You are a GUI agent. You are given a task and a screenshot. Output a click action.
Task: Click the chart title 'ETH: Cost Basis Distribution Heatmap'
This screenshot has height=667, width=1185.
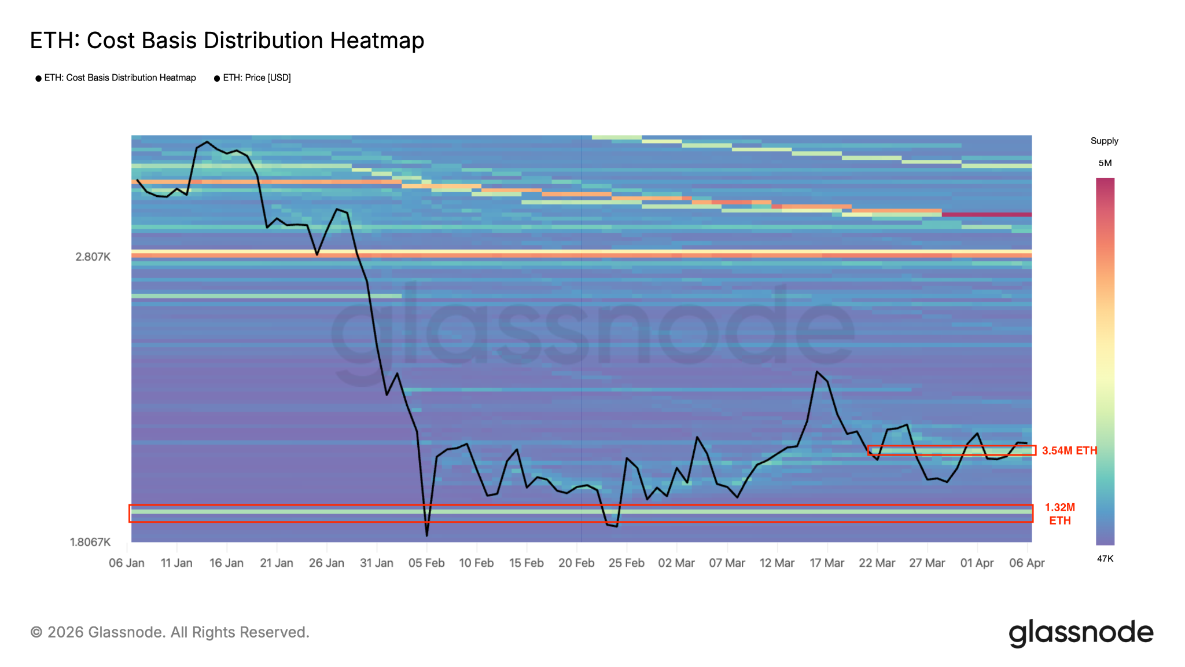click(x=227, y=41)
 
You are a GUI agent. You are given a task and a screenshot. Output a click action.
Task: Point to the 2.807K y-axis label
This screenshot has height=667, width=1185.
click(x=93, y=256)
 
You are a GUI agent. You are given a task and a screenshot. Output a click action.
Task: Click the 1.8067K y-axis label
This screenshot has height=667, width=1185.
click(x=90, y=542)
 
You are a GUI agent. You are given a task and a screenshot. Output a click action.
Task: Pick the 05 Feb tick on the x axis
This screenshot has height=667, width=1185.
click(x=426, y=563)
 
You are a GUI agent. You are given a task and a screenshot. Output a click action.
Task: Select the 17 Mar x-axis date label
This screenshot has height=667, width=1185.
click(x=827, y=563)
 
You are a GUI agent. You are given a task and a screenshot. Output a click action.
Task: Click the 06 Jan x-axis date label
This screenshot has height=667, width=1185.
click(x=127, y=563)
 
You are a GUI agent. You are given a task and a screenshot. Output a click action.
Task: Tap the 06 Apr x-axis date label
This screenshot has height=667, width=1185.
click(x=1027, y=563)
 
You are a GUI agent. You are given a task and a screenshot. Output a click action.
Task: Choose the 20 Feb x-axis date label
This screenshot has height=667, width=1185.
click(x=576, y=563)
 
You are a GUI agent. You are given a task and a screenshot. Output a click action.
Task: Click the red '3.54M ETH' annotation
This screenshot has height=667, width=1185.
click(x=1069, y=450)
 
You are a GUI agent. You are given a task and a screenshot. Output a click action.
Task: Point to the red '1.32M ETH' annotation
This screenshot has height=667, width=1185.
click(x=1060, y=514)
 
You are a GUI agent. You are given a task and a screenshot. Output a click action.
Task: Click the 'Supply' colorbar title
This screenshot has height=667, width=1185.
click(x=1104, y=141)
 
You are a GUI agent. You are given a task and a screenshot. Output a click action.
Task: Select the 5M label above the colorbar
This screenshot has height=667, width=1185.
click(x=1105, y=163)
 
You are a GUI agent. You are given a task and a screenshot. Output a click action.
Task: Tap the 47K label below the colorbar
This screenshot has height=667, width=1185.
click(x=1105, y=559)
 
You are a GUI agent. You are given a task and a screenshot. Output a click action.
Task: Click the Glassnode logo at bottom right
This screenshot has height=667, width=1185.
click(x=1081, y=633)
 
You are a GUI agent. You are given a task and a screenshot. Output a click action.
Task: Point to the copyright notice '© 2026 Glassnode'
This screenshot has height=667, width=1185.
click(x=170, y=632)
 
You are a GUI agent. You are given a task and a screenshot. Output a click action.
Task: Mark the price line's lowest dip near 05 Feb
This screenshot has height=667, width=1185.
click(x=427, y=535)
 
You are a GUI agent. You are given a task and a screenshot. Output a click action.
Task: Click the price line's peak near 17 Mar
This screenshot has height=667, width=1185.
click(x=816, y=372)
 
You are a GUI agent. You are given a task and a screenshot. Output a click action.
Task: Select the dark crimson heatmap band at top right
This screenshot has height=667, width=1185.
click(x=987, y=214)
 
